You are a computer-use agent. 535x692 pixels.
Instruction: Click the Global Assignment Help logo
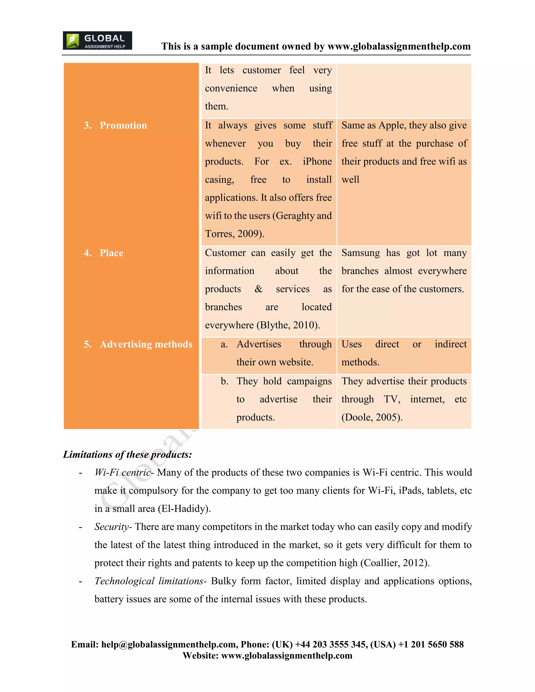pos(97,40)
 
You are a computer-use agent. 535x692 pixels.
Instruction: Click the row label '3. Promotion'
pos(115,125)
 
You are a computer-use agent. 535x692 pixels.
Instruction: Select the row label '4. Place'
pos(104,253)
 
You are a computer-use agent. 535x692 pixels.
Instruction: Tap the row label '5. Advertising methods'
pos(138,344)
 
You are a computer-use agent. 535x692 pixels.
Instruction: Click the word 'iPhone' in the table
pos(317,162)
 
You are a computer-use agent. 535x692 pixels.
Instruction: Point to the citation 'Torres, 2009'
pos(234,234)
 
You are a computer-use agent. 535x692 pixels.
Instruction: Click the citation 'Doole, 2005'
pos(372,417)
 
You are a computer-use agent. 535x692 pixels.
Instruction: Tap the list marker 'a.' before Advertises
pos(224,344)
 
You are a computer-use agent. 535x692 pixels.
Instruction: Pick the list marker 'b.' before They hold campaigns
pos(224,381)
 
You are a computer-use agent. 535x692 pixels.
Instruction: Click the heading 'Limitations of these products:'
pos(127,455)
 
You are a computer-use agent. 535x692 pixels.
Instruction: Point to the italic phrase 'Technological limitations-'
pos(150,581)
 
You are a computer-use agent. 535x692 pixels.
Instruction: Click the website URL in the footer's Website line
pos(287,655)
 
